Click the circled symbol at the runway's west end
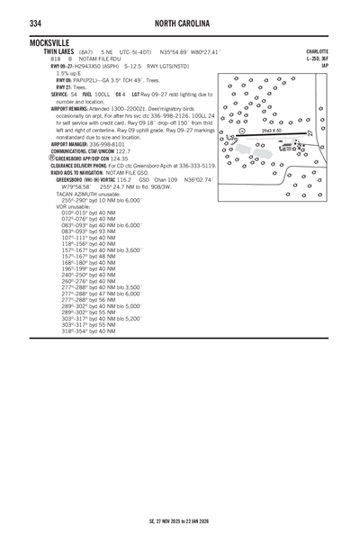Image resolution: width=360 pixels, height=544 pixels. point(241,131)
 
